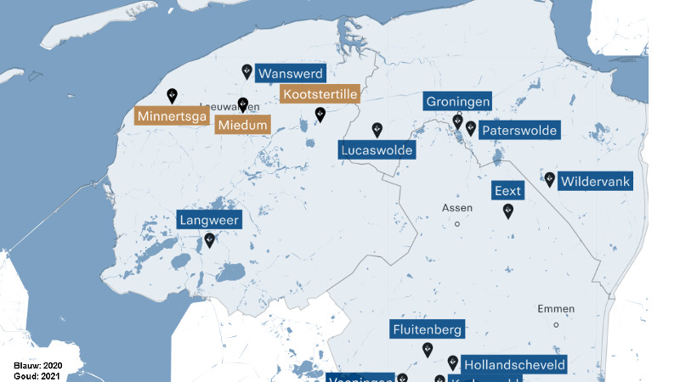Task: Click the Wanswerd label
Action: tap(290, 73)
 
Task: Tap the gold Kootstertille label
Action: tap(320, 94)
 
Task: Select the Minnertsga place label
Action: tap(172, 116)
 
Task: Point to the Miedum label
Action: tap(242, 125)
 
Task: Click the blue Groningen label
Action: tap(458, 101)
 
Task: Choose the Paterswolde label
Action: tap(518, 130)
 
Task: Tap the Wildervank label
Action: tap(595, 182)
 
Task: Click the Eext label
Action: tap(507, 191)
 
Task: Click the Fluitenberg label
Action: tap(427, 329)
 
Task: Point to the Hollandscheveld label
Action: tap(513, 365)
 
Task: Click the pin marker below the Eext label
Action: tap(508, 211)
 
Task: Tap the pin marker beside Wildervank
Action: tap(550, 179)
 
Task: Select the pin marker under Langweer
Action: tap(209, 240)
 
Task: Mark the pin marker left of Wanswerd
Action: tap(247, 71)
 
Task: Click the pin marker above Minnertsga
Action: tap(172, 95)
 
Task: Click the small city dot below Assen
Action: tap(457, 224)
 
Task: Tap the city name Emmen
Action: tap(556, 309)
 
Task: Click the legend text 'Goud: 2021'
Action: tap(38, 374)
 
